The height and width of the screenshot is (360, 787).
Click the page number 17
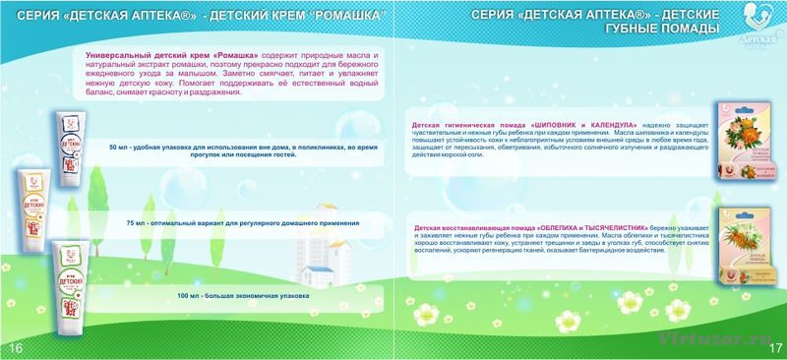tap(774, 348)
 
